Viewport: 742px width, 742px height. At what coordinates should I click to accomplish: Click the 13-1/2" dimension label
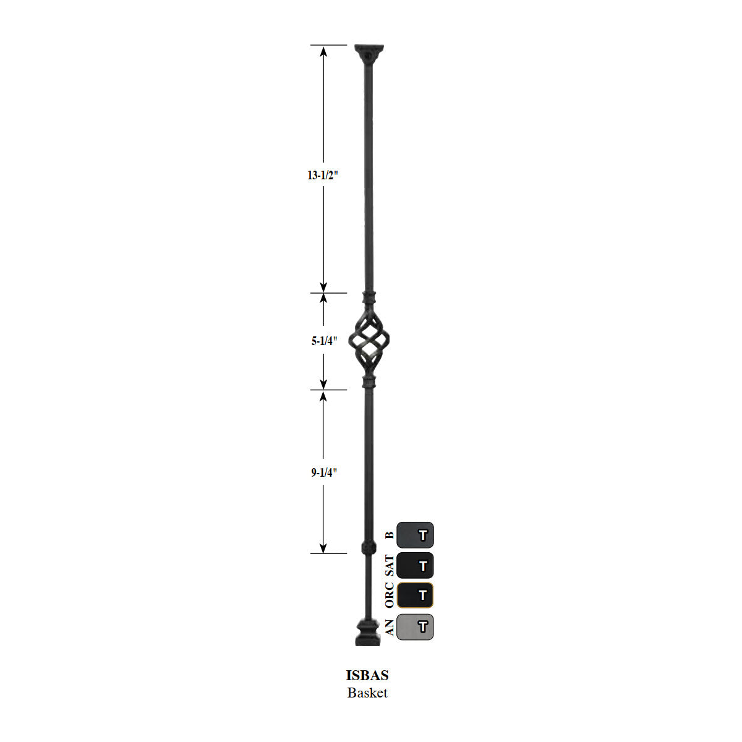pos(323,175)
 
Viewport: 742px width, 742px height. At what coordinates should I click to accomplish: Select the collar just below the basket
pos(369,381)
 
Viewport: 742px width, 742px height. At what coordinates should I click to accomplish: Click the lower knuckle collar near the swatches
pos(369,548)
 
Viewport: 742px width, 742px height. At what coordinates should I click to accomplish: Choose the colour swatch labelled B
pos(415,535)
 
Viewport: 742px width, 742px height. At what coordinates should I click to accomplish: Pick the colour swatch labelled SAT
pos(415,565)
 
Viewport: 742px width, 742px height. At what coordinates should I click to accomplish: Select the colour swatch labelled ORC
pos(415,595)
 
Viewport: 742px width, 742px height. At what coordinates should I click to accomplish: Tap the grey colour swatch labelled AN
pos(415,626)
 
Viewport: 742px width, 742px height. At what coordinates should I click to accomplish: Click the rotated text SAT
pos(389,566)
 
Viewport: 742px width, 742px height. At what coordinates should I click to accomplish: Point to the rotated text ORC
pos(389,595)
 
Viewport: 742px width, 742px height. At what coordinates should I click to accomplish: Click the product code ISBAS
pos(367,676)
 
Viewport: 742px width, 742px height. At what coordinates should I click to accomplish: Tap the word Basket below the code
pos(367,693)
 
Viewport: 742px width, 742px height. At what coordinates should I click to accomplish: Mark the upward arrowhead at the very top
pos(323,50)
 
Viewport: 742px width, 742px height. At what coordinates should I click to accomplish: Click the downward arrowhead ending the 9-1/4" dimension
pos(323,548)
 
